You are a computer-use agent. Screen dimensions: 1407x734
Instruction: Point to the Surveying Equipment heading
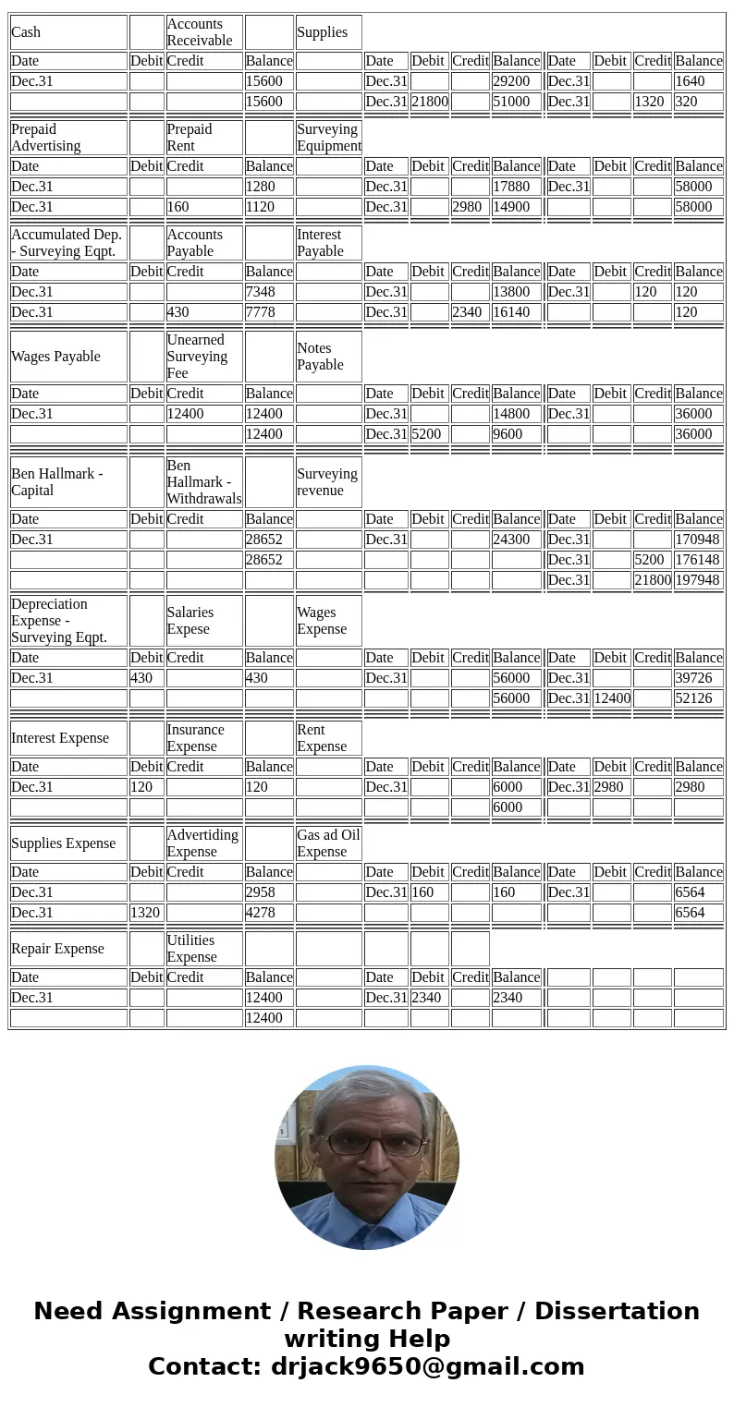328,138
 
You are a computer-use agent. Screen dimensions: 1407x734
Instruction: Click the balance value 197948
698,580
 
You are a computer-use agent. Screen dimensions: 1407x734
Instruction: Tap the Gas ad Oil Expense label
328,843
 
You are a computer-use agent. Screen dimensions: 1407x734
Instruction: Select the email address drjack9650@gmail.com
427,1366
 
